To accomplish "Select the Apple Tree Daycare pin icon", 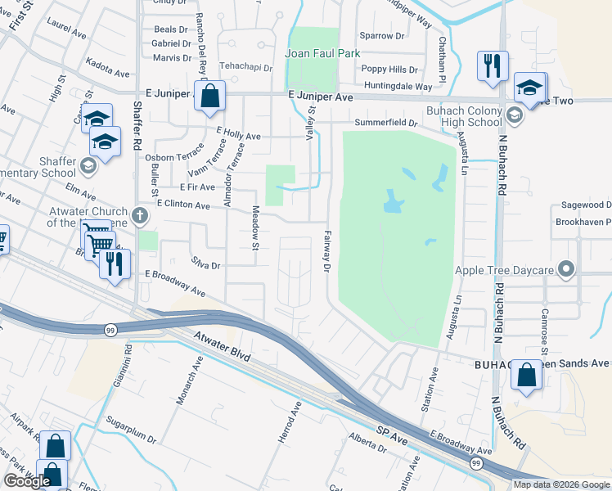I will pyautogui.click(x=565, y=269).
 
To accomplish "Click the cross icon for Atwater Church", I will pyautogui.click(x=140, y=217).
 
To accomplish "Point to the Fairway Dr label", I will pyautogui.click(x=326, y=252).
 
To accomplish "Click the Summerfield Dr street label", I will pyautogui.click(x=386, y=123).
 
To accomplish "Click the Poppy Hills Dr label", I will pyautogui.click(x=389, y=70).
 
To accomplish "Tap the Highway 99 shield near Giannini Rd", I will pyautogui.click(x=110, y=330).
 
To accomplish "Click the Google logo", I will pyautogui.click(x=27, y=481).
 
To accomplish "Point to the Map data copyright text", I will pyautogui.click(x=561, y=484).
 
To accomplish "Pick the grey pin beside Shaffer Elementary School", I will pyautogui.click(x=88, y=167).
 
